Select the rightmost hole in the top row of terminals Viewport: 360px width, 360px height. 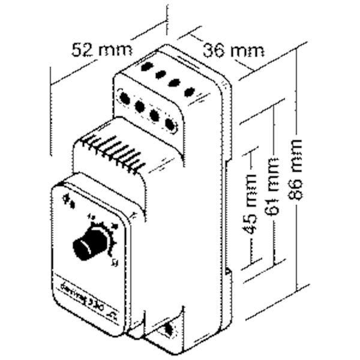(x=191, y=92)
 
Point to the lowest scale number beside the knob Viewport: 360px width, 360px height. (x=113, y=260)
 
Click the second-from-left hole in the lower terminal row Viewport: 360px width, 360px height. (x=140, y=106)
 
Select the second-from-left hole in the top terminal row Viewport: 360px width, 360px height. (x=161, y=75)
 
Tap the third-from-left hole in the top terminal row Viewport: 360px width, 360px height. (x=175, y=83)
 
